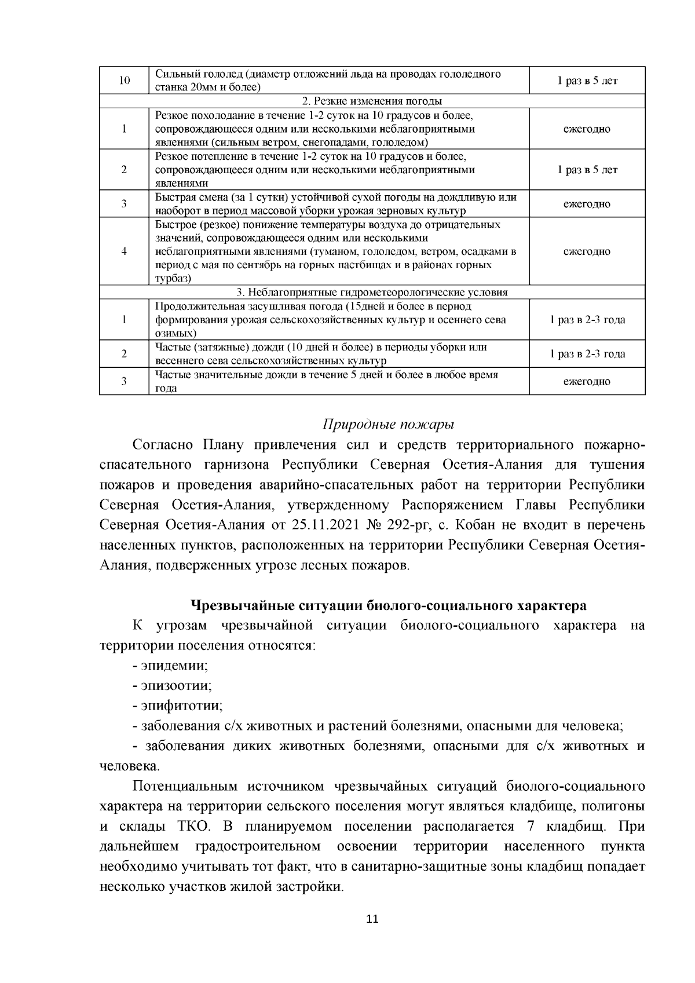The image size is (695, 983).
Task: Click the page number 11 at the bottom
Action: [x=372, y=919]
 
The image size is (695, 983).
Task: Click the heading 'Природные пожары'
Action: [x=388, y=425]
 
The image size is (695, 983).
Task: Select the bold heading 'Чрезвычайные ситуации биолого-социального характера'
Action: [x=388, y=606]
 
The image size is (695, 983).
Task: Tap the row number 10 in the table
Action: [x=124, y=81]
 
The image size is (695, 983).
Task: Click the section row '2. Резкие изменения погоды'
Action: [x=372, y=101]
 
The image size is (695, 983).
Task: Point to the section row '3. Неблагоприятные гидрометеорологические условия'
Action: [x=372, y=293]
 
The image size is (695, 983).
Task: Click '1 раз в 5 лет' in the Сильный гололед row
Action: [x=587, y=81]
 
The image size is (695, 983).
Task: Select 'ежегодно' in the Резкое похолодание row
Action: [x=587, y=129]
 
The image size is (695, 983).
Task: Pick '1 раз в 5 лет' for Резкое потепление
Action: [x=587, y=170]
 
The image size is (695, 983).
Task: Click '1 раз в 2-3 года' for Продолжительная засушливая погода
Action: [x=587, y=320]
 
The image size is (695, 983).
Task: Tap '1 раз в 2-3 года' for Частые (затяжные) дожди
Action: [x=587, y=354]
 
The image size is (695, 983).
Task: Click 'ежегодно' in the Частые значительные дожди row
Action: [x=587, y=381]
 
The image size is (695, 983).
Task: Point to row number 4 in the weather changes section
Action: [x=124, y=251]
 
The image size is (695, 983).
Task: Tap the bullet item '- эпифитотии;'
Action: [x=177, y=706]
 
